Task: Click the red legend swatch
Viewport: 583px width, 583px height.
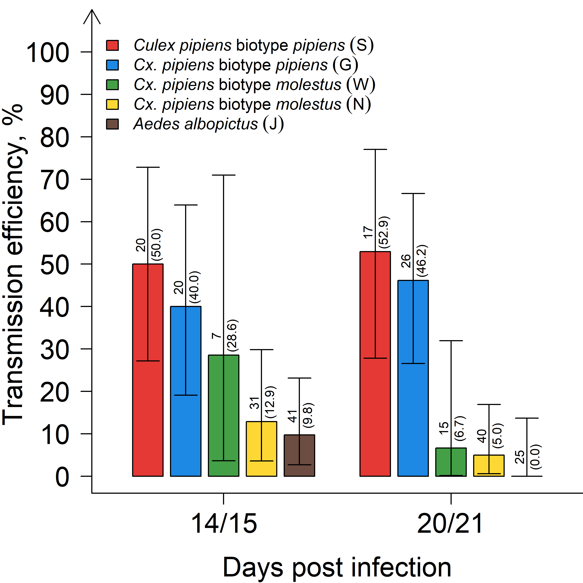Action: (112, 45)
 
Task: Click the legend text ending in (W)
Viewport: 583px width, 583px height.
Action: (254, 85)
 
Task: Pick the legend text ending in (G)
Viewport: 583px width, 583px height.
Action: (246, 65)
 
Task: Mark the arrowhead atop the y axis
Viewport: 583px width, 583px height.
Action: (92, 15)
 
